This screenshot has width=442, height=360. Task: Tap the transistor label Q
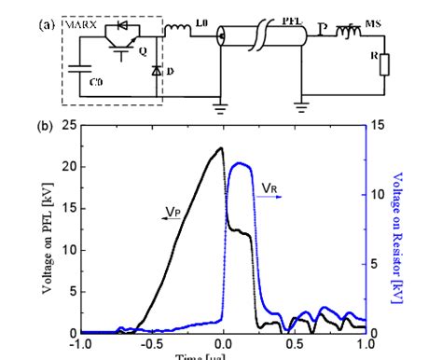141,52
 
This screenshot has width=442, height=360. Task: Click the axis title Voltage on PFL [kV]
46,228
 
